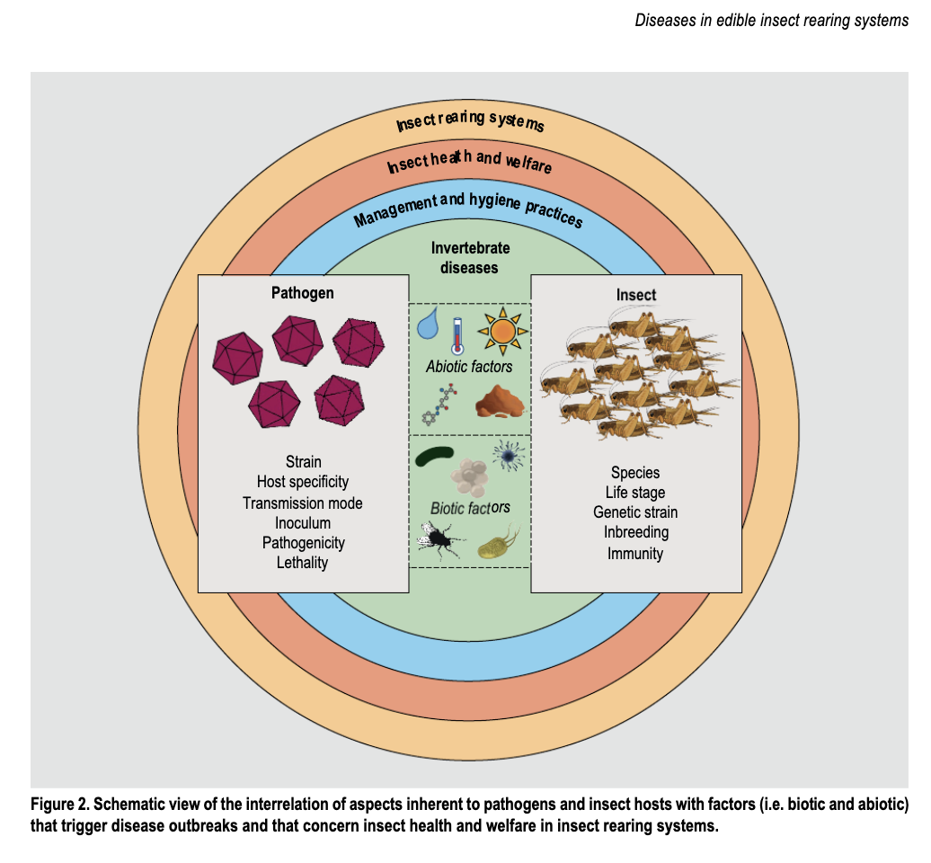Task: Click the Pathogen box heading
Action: [x=302, y=294]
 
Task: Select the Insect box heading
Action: [x=635, y=295]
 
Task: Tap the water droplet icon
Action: [x=431, y=324]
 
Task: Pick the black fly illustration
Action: [x=441, y=540]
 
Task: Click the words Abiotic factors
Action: [x=470, y=367]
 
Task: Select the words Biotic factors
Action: [x=470, y=508]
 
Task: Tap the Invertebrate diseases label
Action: [x=470, y=257]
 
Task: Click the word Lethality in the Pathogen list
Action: [x=302, y=563]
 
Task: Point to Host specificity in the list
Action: [x=302, y=483]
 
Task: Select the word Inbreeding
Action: [x=635, y=532]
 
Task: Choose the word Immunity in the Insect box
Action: [x=635, y=553]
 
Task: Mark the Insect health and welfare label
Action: [x=469, y=163]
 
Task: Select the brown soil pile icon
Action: [x=500, y=401]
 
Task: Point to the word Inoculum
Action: [x=302, y=523]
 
